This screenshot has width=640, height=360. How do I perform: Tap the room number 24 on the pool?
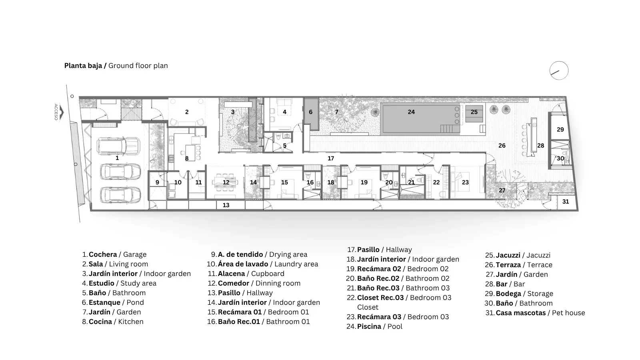[411, 112]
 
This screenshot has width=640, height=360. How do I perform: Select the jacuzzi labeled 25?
[474, 114]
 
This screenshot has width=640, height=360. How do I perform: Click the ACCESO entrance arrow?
[61, 113]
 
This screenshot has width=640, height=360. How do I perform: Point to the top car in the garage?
[118, 146]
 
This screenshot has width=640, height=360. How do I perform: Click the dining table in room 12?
[226, 182]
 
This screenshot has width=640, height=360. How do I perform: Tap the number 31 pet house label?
[566, 202]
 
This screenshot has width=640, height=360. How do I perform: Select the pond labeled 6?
[311, 114]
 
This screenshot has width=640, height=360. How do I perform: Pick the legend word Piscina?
[369, 326]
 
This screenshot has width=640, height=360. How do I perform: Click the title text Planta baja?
[83, 66]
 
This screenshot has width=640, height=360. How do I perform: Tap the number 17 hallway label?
[330, 158]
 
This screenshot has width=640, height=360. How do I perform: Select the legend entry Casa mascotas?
[520, 313]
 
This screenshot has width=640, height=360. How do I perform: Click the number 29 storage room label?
[560, 130]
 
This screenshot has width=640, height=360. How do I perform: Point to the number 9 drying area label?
[157, 182]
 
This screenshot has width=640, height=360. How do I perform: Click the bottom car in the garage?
[120, 195]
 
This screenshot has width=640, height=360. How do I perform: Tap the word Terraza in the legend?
[508, 265]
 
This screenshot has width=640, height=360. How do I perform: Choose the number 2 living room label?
[187, 112]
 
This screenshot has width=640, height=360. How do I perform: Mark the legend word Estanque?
[104, 302]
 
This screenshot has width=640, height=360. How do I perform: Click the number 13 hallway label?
[226, 205]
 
